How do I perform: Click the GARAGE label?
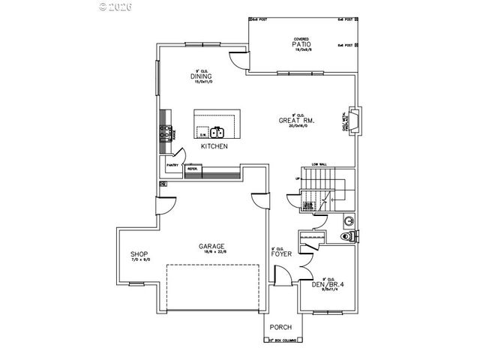pos(211,246)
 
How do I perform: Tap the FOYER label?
pos(282,253)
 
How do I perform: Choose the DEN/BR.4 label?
pos(328,284)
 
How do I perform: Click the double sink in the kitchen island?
pos(217,133)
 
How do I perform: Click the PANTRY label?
pos(171,165)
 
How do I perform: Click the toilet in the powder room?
pos(346,238)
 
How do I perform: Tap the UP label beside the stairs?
pos(298,178)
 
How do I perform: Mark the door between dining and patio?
pos(238,62)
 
